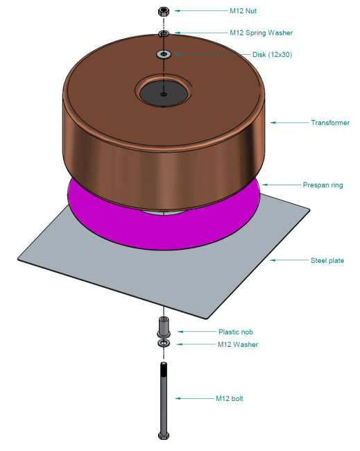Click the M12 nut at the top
164,11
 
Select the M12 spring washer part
164,33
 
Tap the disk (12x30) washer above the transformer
164,54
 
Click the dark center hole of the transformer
163,93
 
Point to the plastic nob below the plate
164,325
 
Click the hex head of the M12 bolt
164,436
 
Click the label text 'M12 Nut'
243,11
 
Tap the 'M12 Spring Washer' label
261,33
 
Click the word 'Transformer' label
330,122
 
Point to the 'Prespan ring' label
323,185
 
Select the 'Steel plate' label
327,260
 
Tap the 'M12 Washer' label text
238,344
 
